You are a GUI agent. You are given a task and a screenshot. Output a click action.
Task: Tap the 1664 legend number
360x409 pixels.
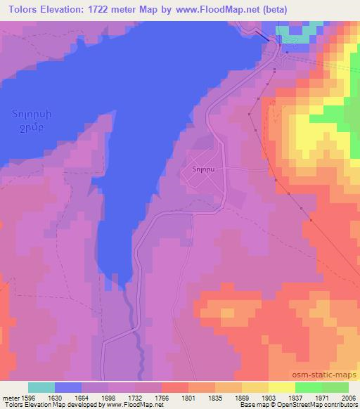pos(82,396)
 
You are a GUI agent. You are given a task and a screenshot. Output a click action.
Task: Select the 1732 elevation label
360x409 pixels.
pos(136,396)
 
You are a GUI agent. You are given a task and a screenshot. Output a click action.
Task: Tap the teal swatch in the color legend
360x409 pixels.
pos(41,387)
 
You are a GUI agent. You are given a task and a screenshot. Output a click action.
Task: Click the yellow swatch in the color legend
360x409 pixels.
pos(281,387)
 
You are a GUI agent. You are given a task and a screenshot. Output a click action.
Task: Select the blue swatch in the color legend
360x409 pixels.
pos(68,387)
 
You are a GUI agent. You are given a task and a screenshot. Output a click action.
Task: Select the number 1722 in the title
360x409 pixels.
pos(98,9)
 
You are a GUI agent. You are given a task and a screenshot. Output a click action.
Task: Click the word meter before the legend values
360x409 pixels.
pos(9,396)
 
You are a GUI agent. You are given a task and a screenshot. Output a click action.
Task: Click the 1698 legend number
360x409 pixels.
pos(109,396)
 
